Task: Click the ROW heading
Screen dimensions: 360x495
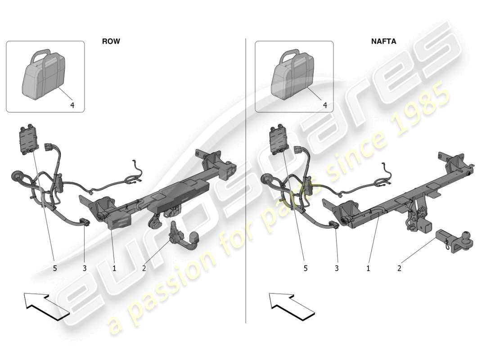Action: point(111,41)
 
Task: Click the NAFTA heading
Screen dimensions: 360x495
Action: point(383,41)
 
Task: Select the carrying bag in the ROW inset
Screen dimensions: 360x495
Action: point(44,74)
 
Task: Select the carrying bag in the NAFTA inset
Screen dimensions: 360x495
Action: point(293,74)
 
